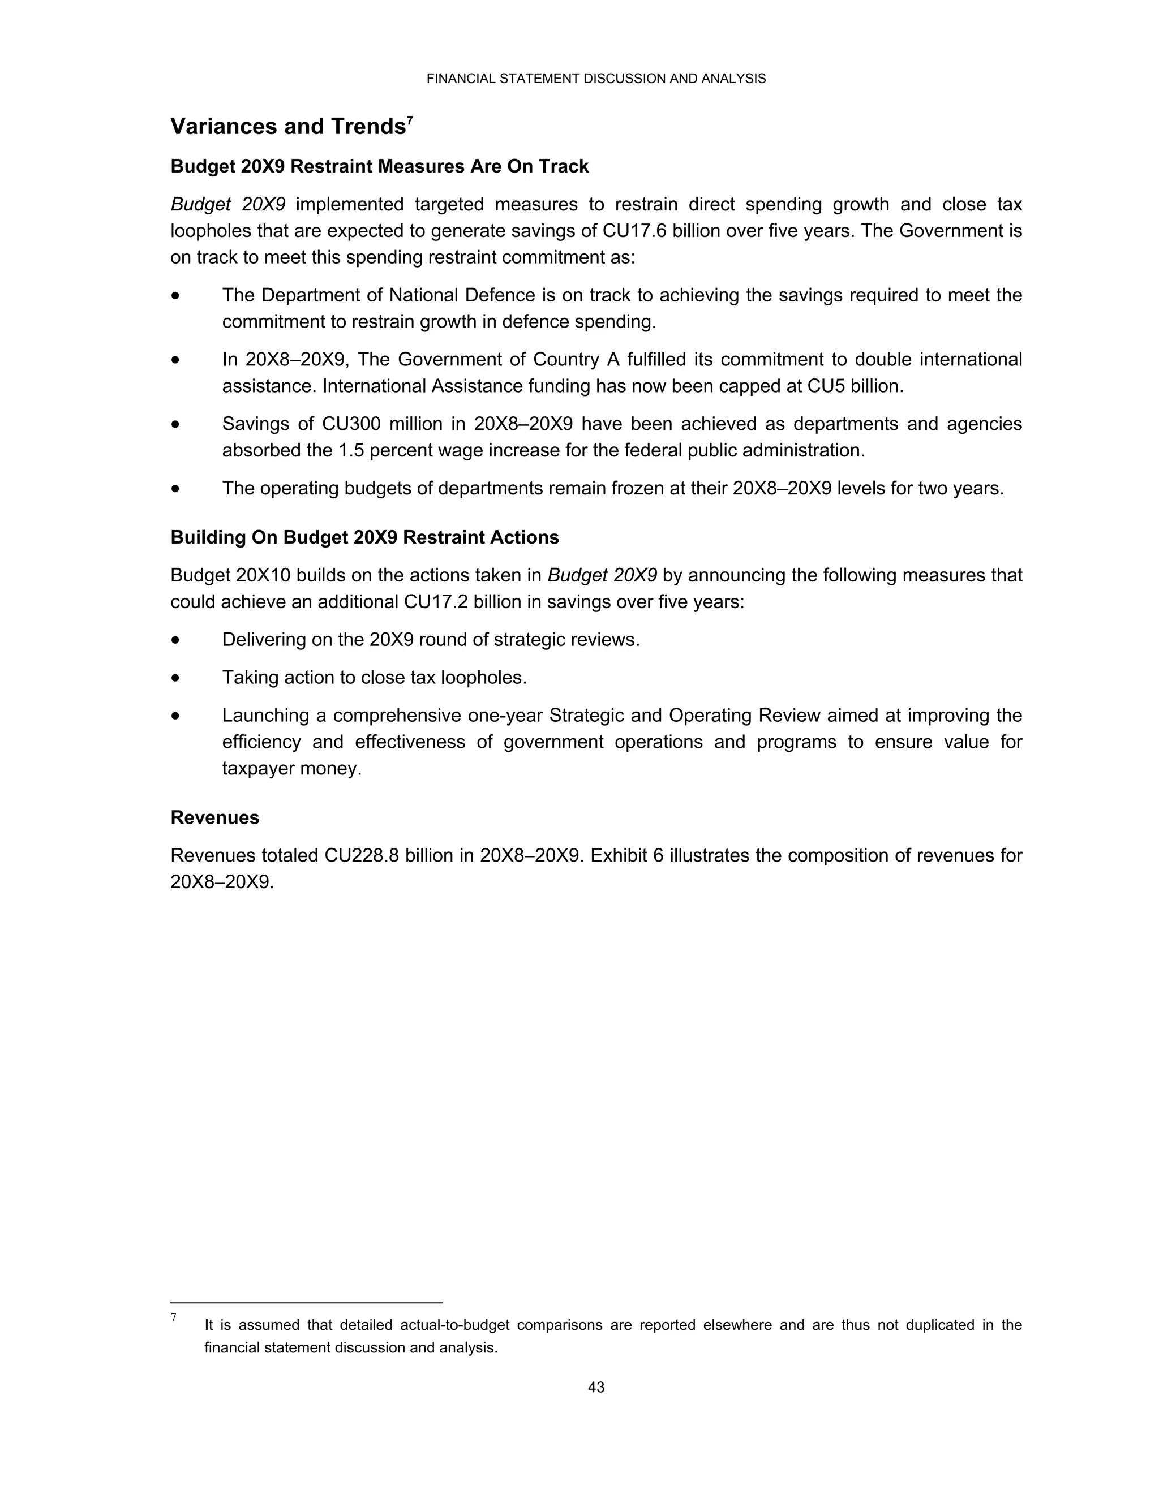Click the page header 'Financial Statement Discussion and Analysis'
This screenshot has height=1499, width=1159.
tap(595, 79)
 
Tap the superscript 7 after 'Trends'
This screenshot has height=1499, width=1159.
tap(410, 120)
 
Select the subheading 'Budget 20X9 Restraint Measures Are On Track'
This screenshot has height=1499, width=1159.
tap(379, 167)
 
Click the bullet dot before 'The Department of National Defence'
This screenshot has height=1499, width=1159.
tap(177, 296)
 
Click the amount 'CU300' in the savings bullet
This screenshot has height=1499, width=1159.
tap(351, 424)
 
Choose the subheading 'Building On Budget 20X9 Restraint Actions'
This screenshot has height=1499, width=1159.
tap(364, 537)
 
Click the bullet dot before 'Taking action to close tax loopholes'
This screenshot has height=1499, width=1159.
tap(177, 678)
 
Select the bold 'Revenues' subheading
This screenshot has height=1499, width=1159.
tap(215, 817)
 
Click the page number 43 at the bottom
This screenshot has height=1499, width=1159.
tap(596, 1387)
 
